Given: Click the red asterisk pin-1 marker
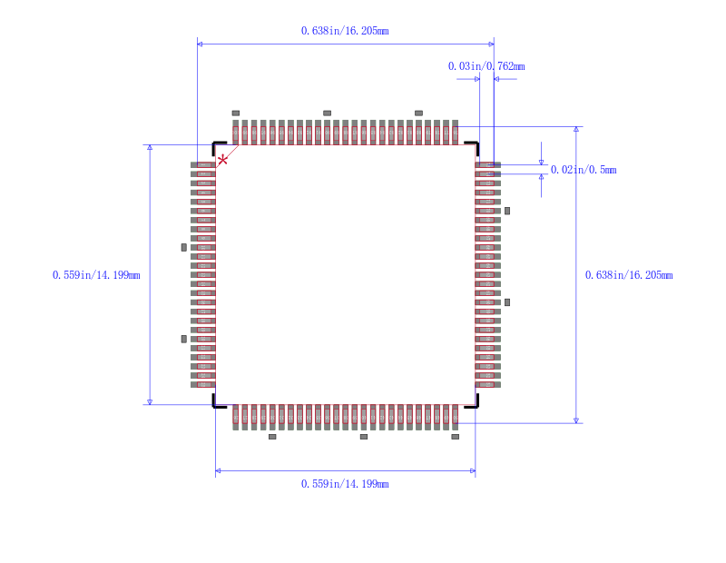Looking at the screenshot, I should (222, 160).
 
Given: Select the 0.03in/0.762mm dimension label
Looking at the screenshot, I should (486, 66).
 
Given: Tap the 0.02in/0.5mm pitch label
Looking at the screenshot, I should (583, 170).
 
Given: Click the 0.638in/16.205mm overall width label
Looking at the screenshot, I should (345, 31).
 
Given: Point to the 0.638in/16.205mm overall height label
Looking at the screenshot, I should (628, 275).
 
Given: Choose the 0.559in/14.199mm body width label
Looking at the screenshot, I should (345, 484).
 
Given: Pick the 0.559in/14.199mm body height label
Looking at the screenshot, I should (96, 275).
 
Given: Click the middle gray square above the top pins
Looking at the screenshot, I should (327, 113).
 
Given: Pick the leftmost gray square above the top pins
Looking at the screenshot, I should (235, 113).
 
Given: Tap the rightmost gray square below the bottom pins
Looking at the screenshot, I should (455, 437).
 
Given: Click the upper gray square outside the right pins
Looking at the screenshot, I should (507, 211).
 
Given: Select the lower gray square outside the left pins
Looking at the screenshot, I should (183, 339).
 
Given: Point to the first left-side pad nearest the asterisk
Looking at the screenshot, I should (202, 165).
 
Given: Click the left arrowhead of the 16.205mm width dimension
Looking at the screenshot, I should (201, 44).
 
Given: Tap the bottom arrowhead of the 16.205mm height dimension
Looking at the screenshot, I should (576, 420).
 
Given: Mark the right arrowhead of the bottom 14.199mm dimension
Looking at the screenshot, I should (472, 471).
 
